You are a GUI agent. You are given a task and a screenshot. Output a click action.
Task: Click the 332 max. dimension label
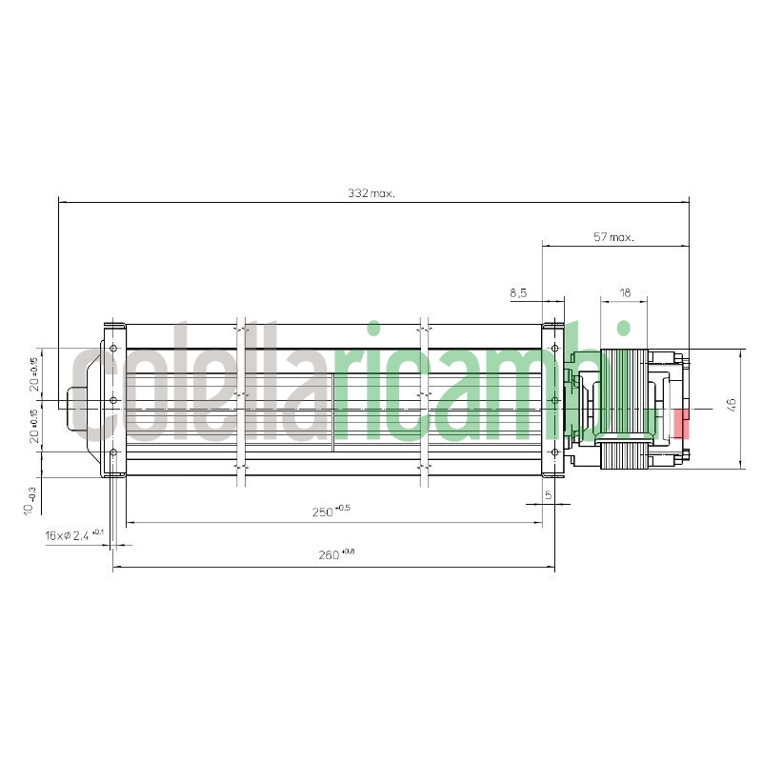click(x=371, y=193)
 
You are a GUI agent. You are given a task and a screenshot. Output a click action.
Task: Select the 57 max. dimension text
click(x=613, y=237)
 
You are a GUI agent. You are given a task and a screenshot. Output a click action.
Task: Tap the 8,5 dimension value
click(x=518, y=293)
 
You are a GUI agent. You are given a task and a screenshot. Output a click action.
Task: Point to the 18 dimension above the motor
click(x=624, y=293)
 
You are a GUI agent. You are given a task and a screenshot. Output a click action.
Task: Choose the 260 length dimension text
click(x=331, y=555)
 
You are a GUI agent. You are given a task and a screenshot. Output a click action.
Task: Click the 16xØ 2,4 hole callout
click(x=74, y=536)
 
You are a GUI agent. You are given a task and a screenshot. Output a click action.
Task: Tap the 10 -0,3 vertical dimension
click(x=31, y=500)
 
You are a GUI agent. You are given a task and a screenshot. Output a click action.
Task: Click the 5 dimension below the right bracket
click(x=549, y=495)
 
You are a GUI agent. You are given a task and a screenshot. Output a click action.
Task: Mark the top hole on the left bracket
click(x=114, y=349)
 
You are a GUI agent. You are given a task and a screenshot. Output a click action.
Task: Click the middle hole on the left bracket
click(x=114, y=401)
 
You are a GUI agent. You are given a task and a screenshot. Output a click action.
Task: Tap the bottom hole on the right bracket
click(x=554, y=452)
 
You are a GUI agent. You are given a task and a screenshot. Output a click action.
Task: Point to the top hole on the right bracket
click(x=554, y=349)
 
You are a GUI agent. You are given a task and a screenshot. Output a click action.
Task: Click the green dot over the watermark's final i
click(x=624, y=330)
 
